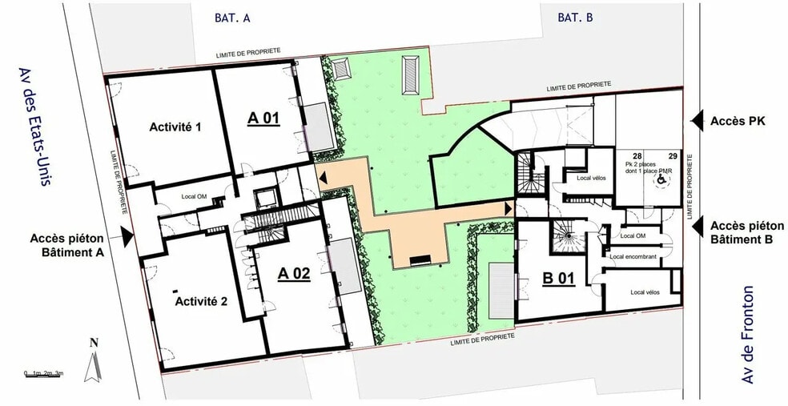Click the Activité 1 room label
coord(175,127)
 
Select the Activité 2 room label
coord(202,301)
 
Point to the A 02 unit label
coord(294,273)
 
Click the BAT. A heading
coord(232,17)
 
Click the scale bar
coord(43,373)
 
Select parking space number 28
coord(638,155)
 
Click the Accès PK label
coord(738,121)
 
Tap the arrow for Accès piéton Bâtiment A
coord(127,235)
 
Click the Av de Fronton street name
coord(750,334)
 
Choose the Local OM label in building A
coord(195,197)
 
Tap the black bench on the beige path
coord(420,259)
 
